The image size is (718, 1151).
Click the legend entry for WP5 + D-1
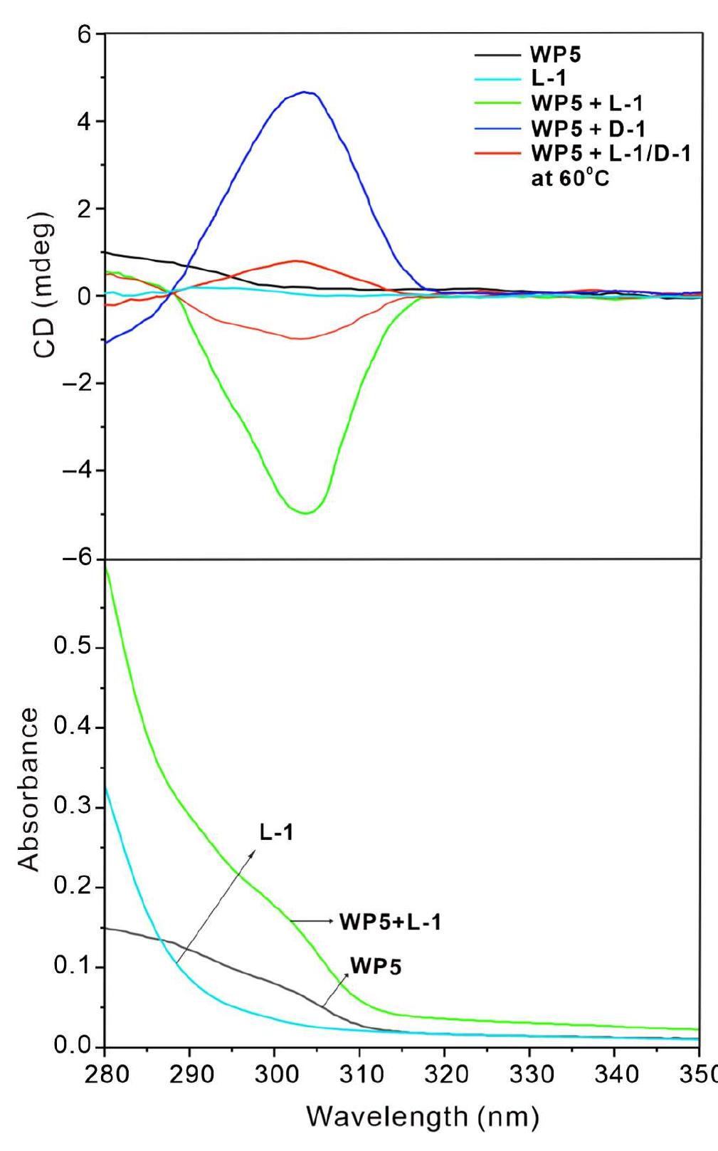click(587, 129)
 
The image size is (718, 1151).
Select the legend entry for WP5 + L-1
click(586, 104)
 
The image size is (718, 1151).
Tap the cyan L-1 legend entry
click(548, 80)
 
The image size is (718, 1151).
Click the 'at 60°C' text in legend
click(570, 177)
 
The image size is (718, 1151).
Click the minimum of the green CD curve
click(305, 513)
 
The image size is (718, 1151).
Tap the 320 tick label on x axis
click(444, 1074)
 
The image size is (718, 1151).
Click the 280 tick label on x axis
click(106, 1074)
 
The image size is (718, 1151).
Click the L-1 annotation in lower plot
click(276, 832)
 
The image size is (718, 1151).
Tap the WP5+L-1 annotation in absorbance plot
click(390, 922)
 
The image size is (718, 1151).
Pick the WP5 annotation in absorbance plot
click(375, 967)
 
